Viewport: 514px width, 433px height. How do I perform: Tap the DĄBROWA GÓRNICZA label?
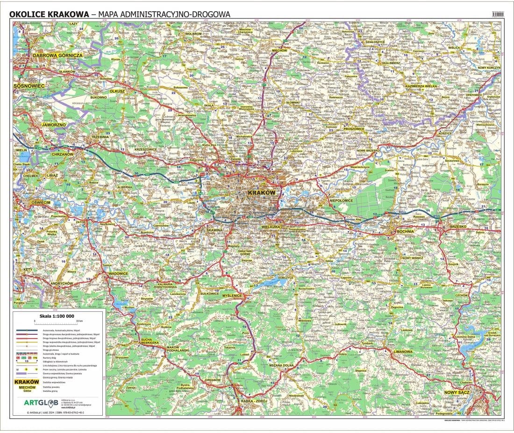click(x=57, y=55)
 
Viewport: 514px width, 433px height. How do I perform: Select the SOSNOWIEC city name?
click(x=29, y=86)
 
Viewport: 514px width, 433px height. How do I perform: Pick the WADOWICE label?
click(x=118, y=274)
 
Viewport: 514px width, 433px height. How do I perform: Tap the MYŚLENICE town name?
click(x=232, y=296)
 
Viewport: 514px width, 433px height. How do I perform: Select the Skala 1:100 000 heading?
click(x=57, y=316)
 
